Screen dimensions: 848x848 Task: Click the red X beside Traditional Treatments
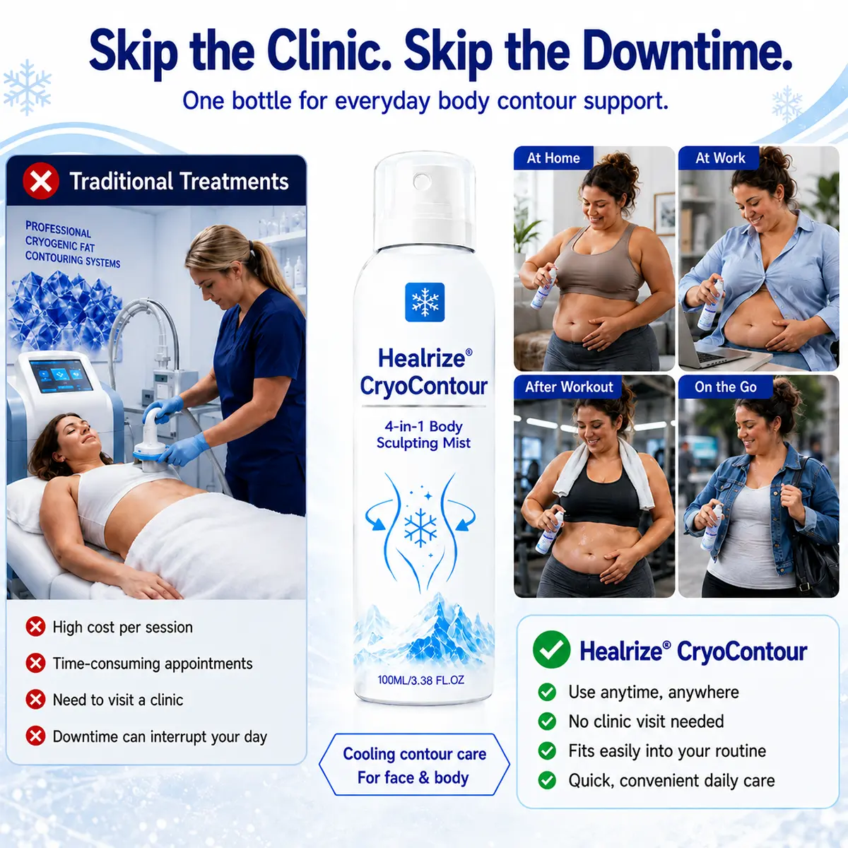[41, 181]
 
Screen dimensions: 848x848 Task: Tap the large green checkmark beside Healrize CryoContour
[551, 649]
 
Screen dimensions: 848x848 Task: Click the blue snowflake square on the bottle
[425, 302]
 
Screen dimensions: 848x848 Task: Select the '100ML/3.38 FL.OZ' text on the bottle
[420, 680]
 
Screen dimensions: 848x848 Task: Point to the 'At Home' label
[553, 158]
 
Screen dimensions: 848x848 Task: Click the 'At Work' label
[720, 158]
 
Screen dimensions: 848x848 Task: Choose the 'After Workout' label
[569, 387]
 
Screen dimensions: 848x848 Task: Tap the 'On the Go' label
[725, 387]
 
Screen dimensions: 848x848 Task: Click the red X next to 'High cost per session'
[35, 627]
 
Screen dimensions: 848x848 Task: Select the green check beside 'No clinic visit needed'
[547, 722]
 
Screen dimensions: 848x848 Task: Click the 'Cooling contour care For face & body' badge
[414, 766]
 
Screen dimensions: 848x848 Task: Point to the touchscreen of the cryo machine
[61, 375]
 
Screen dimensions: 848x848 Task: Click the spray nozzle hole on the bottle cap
[422, 181]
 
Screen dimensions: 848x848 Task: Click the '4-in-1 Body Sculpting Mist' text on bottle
[423, 435]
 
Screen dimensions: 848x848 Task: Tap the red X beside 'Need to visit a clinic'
[35, 700]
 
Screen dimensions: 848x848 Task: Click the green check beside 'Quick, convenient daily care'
[547, 780]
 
